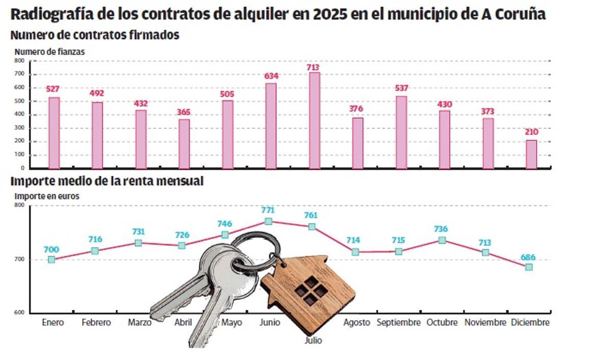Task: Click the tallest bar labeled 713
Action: coord(315,120)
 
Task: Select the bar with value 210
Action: coord(531,154)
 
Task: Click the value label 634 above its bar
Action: coord(271,76)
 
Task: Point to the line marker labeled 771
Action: coord(268,221)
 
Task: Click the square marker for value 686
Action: coord(529,267)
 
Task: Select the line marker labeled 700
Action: coord(52,260)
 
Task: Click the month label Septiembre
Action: coord(398,323)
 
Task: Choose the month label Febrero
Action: coord(96,323)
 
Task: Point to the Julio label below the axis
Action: coord(313,340)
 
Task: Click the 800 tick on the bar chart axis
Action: coord(19,61)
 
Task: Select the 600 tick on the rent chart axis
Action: coord(19,313)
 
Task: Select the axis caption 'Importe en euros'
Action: coord(47,196)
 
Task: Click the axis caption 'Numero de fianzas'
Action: coord(49,52)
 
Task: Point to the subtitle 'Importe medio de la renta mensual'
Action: coord(107,181)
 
